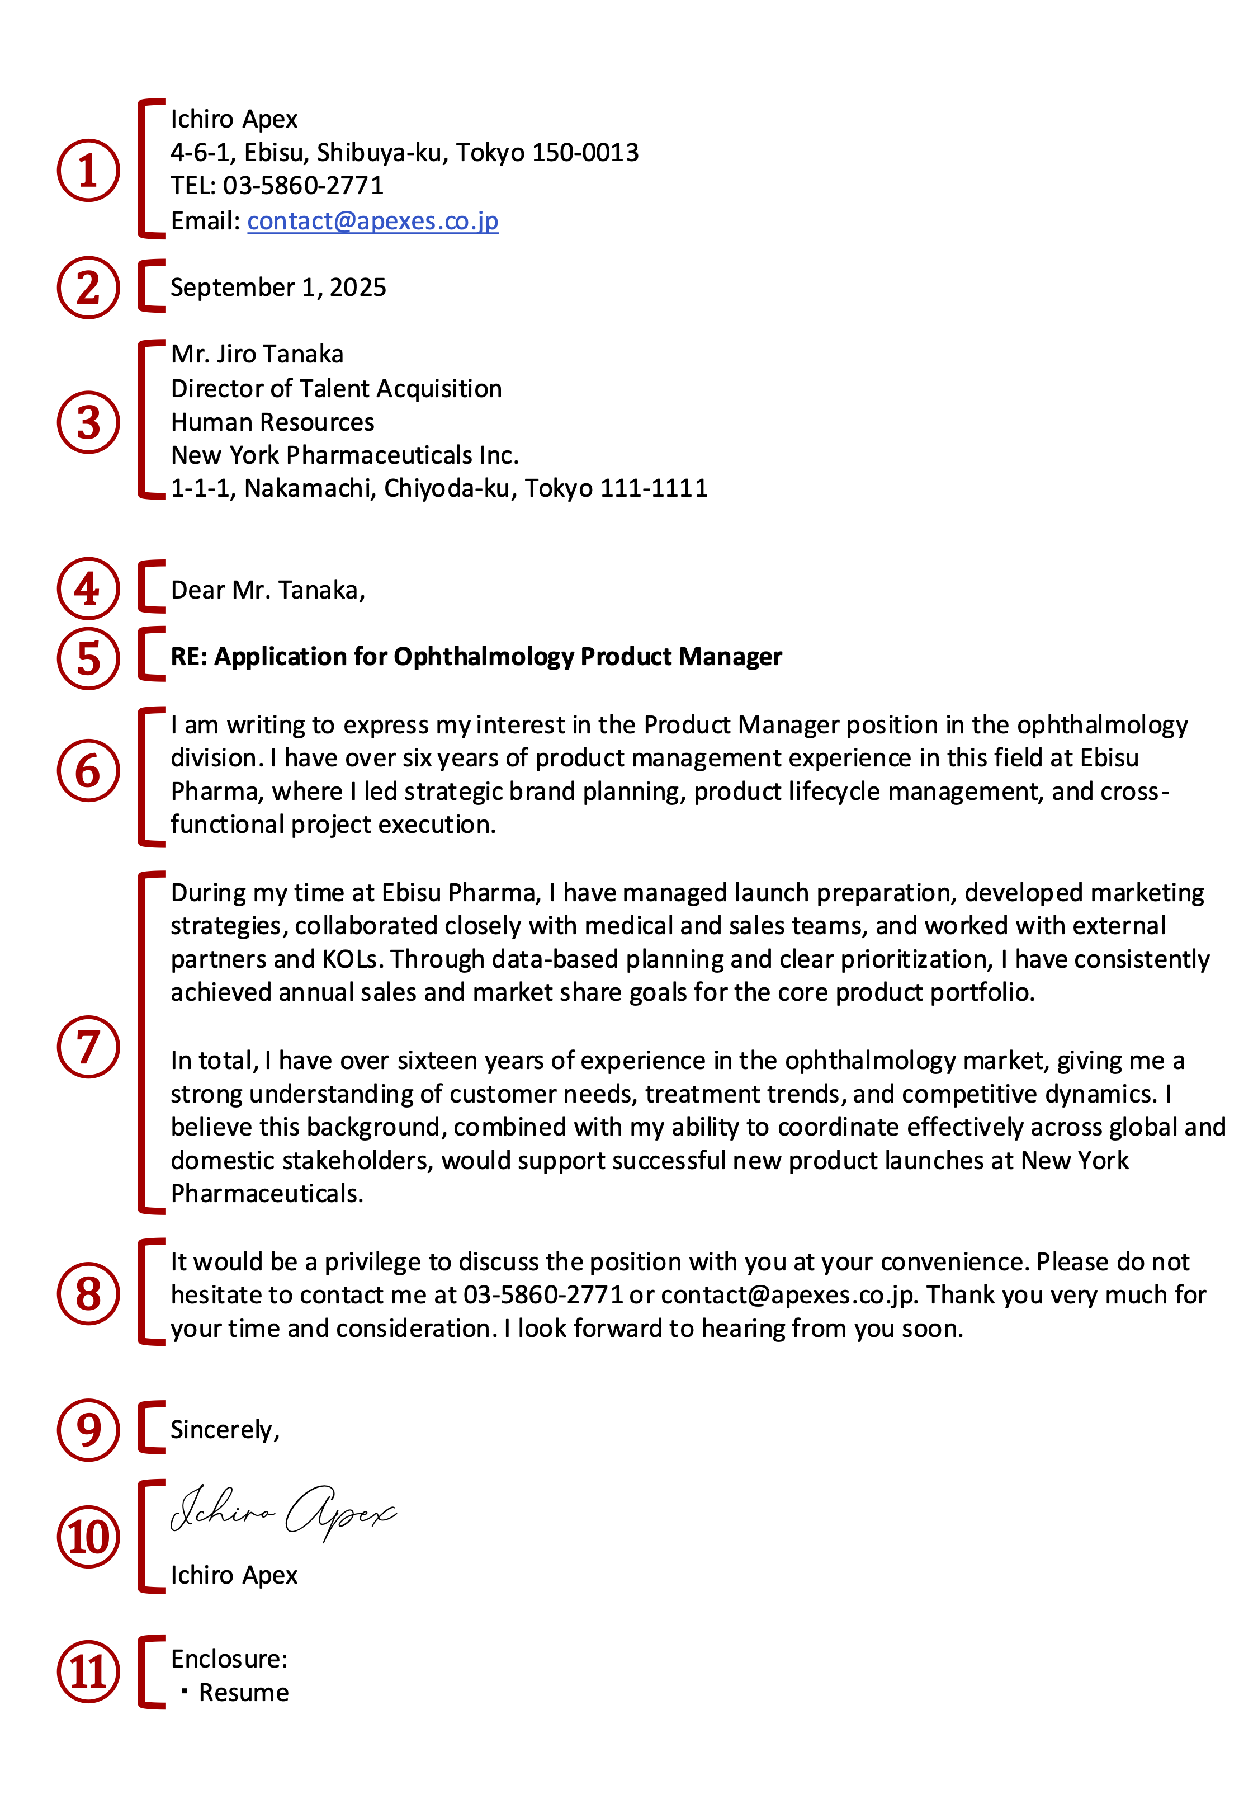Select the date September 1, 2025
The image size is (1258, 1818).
(278, 288)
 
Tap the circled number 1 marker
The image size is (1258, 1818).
(88, 170)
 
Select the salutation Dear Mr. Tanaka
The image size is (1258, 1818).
(268, 591)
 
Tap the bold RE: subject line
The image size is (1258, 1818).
(476, 657)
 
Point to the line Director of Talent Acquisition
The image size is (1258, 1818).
(336, 389)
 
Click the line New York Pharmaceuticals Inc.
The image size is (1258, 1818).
(344, 456)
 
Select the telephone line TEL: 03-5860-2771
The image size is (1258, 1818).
(277, 186)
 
